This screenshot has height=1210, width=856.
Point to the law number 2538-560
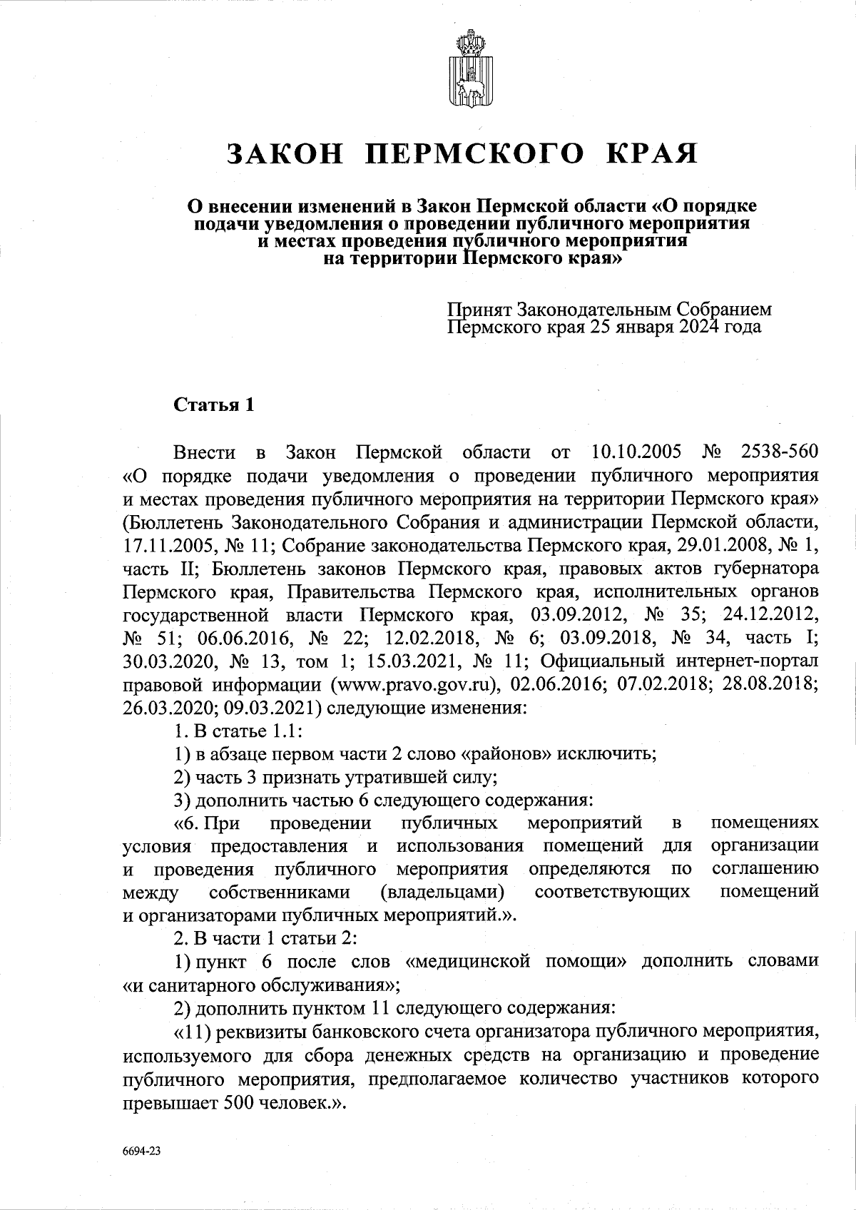point(780,452)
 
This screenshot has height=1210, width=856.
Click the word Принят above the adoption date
point(479,310)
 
